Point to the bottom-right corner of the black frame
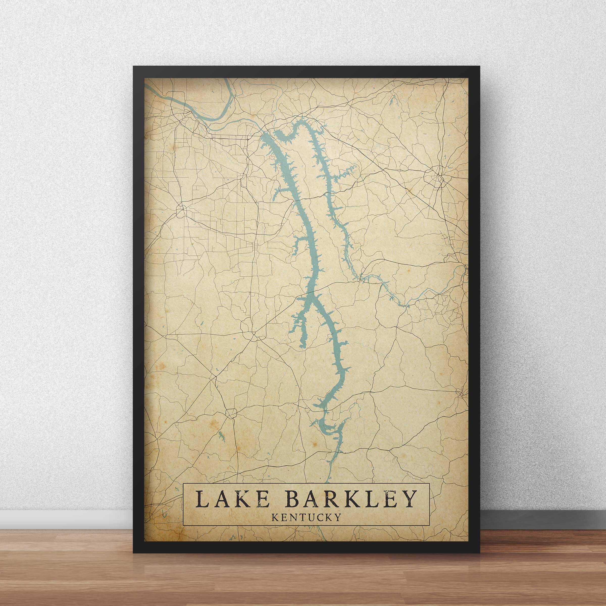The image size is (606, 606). tap(479, 553)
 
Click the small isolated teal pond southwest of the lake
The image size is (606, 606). tap(222, 435)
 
